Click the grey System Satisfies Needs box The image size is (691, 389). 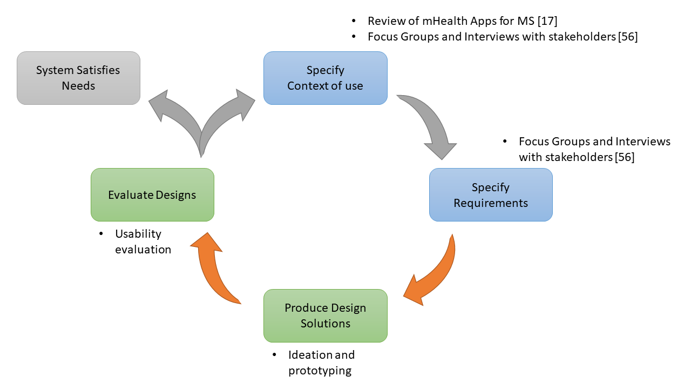78,78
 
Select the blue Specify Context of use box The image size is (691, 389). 325,78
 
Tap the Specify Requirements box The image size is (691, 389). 491,194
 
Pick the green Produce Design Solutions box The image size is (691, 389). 325,316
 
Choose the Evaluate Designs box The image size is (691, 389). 152,194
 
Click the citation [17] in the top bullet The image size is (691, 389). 547,21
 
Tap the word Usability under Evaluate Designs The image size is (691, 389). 138,234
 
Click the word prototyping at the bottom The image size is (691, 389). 320,371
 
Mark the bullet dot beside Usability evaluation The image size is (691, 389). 101,234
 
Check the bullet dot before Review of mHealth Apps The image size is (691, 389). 354,21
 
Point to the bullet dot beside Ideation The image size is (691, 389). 274,355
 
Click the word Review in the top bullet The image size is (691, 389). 385,21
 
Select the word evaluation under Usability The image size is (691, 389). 143,250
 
